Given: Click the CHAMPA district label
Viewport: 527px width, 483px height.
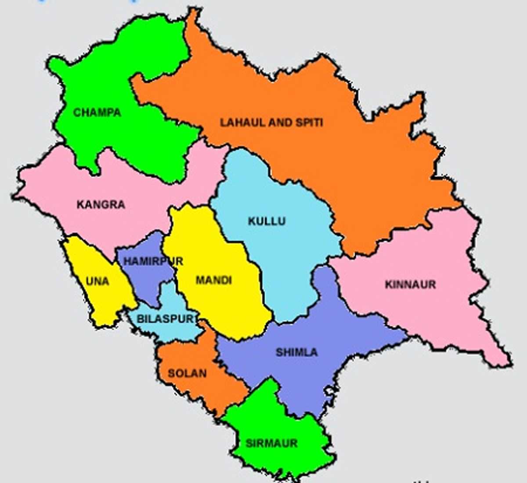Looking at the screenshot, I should click(x=97, y=112).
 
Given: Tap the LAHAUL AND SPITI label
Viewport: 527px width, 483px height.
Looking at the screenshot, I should click(x=271, y=122).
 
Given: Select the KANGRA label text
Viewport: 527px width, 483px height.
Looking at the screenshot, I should click(x=101, y=204).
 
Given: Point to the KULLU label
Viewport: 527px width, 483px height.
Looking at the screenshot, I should click(x=267, y=221).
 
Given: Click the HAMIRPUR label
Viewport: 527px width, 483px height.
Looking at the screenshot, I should click(x=153, y=261).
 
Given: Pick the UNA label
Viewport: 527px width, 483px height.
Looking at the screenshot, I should click(x=97, y=281).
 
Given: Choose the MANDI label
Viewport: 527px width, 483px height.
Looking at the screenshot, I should click(x=213, y=280).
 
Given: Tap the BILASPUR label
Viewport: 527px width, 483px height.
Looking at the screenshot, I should click(x=165, y=318).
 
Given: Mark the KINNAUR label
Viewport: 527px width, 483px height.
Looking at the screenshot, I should click(x=410, y=284).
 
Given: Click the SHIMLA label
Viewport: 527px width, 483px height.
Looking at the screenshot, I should click(x=296, y=352).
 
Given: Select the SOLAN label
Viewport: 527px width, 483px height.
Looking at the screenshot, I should click(x=187, y=373).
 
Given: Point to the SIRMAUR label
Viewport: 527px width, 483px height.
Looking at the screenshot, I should click(x=271, y=443).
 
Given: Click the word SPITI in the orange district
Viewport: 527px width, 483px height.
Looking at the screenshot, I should click(x=309, y=122).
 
